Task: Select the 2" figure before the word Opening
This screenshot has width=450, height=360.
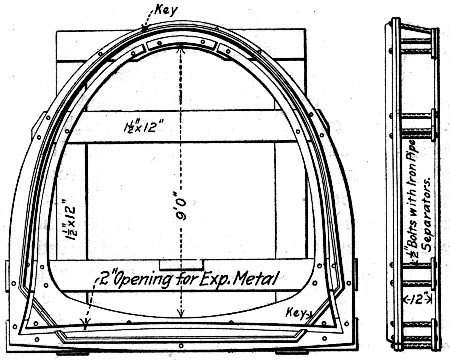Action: point(107,275)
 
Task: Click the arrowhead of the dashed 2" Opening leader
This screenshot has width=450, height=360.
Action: point(88,326)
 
